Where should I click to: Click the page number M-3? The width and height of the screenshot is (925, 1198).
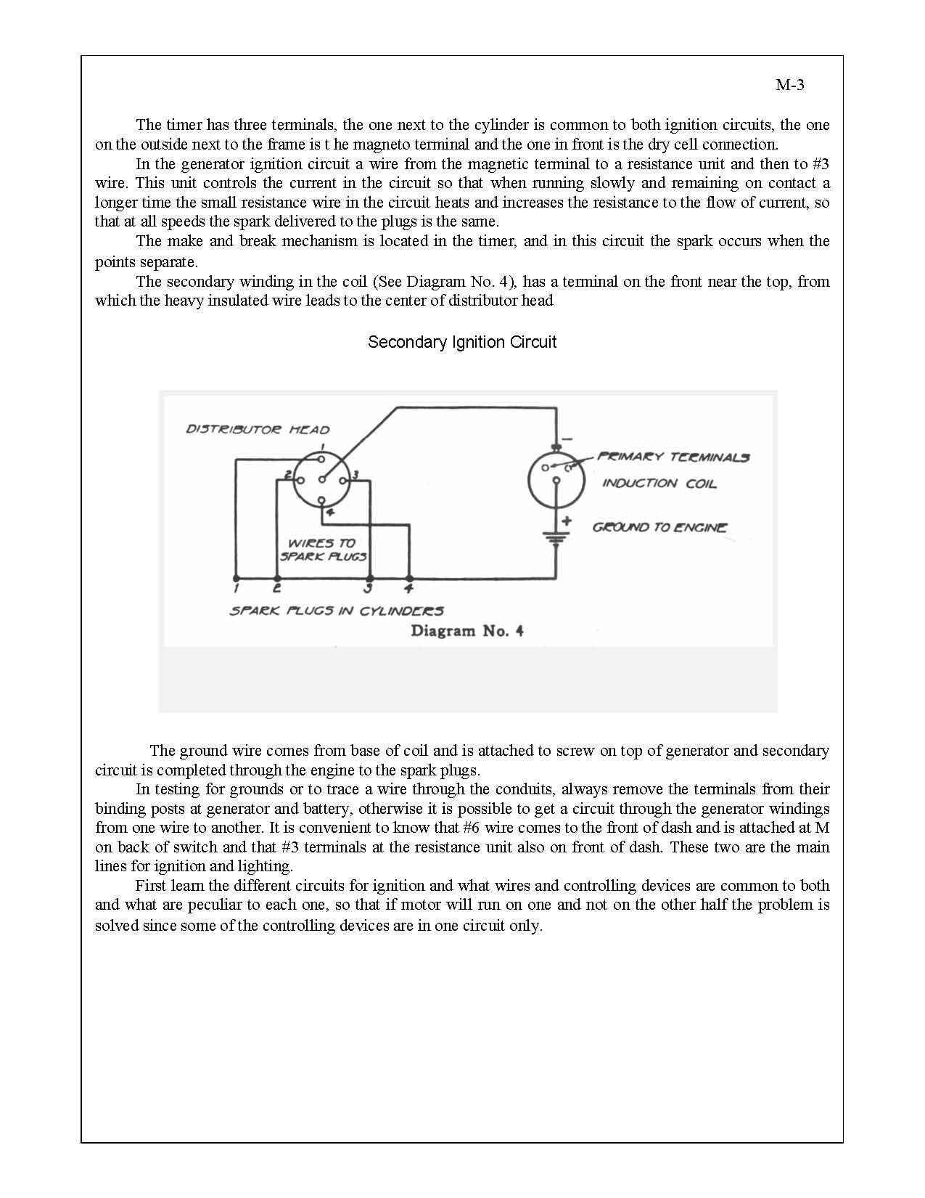point(790,85)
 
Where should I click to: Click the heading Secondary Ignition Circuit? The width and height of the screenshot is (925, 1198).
point(462,342)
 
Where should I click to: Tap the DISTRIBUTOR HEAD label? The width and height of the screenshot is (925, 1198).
point(258,429)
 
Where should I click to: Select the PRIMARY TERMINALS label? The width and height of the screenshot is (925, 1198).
point(673,457)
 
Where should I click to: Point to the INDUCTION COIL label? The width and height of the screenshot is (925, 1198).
point(659,484)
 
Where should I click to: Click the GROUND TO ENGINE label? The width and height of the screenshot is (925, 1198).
point(659,528)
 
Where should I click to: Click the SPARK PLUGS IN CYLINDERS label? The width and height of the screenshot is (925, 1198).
point(337,611)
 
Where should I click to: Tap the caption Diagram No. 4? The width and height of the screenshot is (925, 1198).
point(467,631)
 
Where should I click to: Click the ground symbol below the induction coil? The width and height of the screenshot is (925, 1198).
point(556,539)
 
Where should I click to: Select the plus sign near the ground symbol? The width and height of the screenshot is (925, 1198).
point(567,521)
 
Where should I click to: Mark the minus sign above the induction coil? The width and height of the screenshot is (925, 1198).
point(567,439)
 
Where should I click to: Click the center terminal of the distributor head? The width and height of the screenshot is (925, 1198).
point(321,479)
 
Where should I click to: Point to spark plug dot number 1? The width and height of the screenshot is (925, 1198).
point(236,579)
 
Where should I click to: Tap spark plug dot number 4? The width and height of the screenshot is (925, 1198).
point(409,579)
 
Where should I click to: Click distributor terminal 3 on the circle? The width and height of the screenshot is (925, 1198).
point(345,479)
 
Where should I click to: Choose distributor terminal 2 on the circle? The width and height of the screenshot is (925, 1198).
point(297,479)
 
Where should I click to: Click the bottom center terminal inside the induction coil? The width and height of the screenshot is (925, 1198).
point(556,480)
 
